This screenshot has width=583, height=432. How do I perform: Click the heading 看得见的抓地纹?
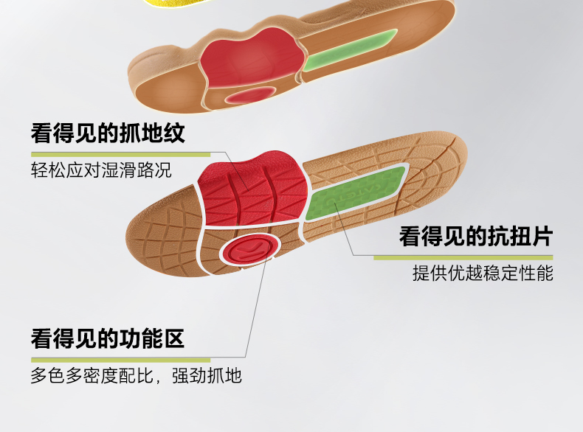pos(107,134)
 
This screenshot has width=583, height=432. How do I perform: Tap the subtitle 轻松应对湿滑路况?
pos(101,171)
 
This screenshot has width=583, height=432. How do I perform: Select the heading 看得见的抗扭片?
pos(475,236)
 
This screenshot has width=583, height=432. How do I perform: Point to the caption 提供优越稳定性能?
pos(483,274)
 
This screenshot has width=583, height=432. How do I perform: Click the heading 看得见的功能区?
pos(107,339)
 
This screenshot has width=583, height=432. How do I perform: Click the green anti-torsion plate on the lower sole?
pos(358,191)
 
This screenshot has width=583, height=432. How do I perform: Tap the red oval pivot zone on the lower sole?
pos(249,250)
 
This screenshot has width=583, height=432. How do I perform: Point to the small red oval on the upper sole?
pos(249,95)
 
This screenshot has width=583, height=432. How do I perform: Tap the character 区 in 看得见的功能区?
pos(173,339)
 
